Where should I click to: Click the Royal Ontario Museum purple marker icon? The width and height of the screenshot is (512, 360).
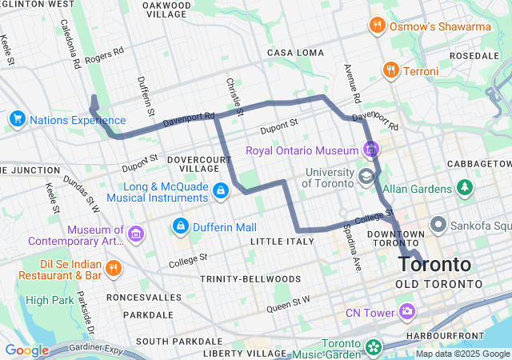click(370, 149)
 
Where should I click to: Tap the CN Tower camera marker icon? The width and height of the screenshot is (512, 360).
click(408, 310)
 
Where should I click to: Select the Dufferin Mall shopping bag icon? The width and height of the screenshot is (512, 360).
click(180, 226)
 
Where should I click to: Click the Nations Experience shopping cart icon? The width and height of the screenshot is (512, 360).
click(16, 119)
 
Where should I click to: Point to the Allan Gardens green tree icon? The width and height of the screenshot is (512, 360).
click(465, 188)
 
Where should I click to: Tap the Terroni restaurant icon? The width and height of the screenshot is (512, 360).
click(390, 70)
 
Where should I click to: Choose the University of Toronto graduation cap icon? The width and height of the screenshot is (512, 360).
click(366, 176)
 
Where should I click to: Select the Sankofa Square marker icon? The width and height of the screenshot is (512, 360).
click(438, 224)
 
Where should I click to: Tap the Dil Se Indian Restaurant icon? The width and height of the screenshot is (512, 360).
click(114, 267)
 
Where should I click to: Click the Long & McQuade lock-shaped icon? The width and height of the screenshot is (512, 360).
click(220, 190)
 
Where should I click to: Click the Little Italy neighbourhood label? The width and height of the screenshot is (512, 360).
click(277, 241)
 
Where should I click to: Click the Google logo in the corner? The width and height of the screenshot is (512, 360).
click(26, 350)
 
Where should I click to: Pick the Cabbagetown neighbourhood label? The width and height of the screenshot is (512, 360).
click(478, 162)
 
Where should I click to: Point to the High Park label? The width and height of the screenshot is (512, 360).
click(49, 300)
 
